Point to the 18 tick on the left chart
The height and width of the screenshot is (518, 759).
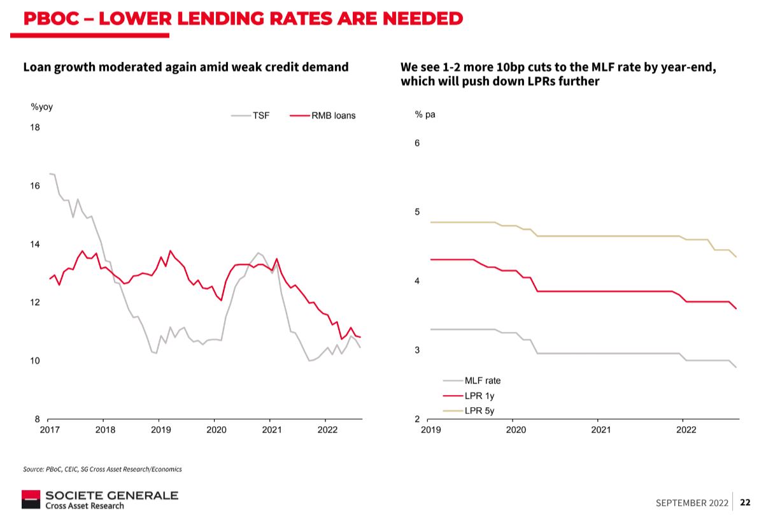tap(35, 127)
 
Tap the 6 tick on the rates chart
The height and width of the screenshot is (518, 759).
tap(417, 143)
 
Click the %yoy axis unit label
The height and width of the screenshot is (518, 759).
tap(42, 107)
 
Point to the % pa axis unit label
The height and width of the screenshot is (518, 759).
tap(425, 115)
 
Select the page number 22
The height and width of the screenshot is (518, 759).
tap(745, 502)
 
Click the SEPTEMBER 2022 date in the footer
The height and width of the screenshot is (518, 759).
tap(692, 503)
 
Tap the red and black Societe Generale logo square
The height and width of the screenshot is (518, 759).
tap(31, 500)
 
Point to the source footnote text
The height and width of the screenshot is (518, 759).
tap(103, 469)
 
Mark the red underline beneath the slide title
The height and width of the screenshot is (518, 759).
tap(90, 36)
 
